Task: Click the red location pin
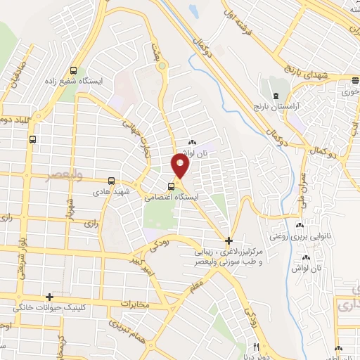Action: click(x=181, y=166)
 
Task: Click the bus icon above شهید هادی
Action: click(x=110, y=180)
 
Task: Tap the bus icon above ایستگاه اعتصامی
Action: click(x=172, y=186)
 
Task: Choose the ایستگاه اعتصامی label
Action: click(x=172, y=198)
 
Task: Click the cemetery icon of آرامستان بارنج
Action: click(x=275, y=95)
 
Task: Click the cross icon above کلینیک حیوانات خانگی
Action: click(x=49, y=297)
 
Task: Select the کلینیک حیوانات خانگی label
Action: click(x=50, y=308)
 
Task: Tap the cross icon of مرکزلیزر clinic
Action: click(x=229, y=240)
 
